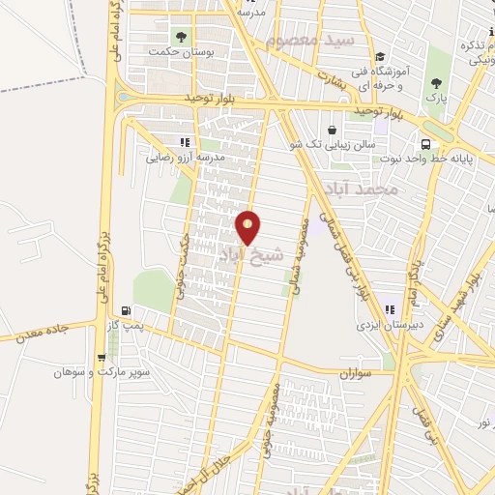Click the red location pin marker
248,227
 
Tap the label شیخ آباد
252,253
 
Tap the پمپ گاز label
126,327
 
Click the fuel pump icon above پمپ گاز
126,310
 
